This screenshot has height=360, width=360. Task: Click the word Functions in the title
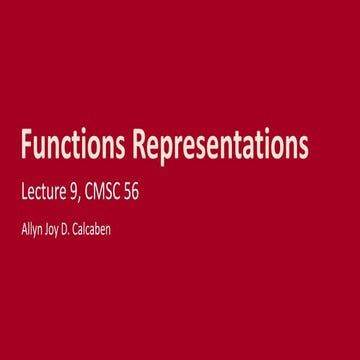click(74, 147)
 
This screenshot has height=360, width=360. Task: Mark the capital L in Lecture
click(24, 191)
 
